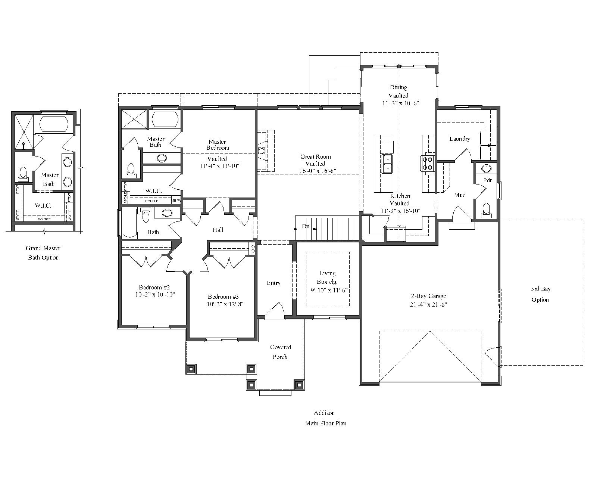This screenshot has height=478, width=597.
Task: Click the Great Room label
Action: (315, 157)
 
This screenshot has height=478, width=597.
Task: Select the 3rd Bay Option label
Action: (540, 294)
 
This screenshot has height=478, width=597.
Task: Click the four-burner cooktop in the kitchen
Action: (427, 163)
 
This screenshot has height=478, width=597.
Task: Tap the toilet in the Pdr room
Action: (486, 209)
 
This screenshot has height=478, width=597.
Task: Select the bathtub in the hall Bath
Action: (129, 223)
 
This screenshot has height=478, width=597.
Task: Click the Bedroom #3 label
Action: (223, 297)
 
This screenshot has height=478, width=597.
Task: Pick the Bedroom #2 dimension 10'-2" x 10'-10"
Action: (155, 295)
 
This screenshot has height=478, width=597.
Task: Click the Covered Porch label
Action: (280, 352)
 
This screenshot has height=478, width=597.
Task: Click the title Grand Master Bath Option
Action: (43, 253)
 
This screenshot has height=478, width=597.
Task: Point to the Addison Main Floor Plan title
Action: (325, 418)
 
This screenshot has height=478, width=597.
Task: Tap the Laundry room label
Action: (459, 139)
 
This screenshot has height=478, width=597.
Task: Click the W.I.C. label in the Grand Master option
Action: (43, 205)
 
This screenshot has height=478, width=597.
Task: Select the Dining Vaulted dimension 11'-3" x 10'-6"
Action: (400, 103)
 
